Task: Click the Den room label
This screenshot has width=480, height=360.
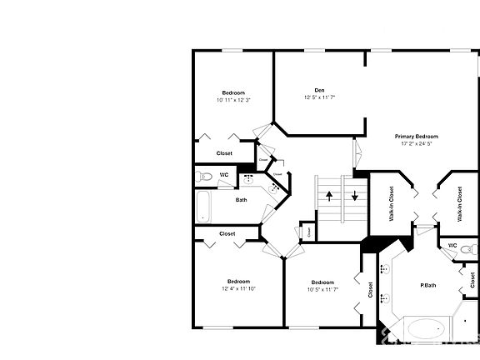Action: (x=319, y=90)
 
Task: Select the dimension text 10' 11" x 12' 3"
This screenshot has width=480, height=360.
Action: (x=232, y=100)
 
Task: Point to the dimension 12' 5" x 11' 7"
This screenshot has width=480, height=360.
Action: (x=319, y=97)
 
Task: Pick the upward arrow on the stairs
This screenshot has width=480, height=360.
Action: (x=329, y=197)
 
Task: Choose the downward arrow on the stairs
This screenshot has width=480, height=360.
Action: (x=355, y=197)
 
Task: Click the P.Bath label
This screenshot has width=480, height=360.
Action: (x=427, y=286)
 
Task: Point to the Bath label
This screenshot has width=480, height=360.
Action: (x=241, y=200)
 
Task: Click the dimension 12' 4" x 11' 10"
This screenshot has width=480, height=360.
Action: (x=238, y=289)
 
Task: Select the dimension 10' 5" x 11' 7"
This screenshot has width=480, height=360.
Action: (x=322, y=289)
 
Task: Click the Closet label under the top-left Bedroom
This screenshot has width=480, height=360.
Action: (x=224, y=153)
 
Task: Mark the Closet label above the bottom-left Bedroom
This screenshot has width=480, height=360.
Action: (x=227, y=234)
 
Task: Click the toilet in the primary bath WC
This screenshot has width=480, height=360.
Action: (x=470, y=248)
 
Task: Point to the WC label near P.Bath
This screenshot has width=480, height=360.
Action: (x=452, y=246)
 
